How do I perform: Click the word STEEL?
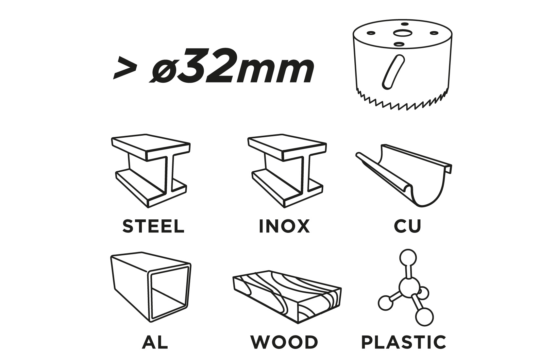153,226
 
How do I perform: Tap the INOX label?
284,226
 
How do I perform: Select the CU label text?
407,226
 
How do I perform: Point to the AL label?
155,342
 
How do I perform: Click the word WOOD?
284,342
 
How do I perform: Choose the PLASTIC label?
404,342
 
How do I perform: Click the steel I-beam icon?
151,171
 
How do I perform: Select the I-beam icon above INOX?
287,171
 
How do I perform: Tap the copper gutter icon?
404,176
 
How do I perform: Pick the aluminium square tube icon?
151,287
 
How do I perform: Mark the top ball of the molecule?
408,258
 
